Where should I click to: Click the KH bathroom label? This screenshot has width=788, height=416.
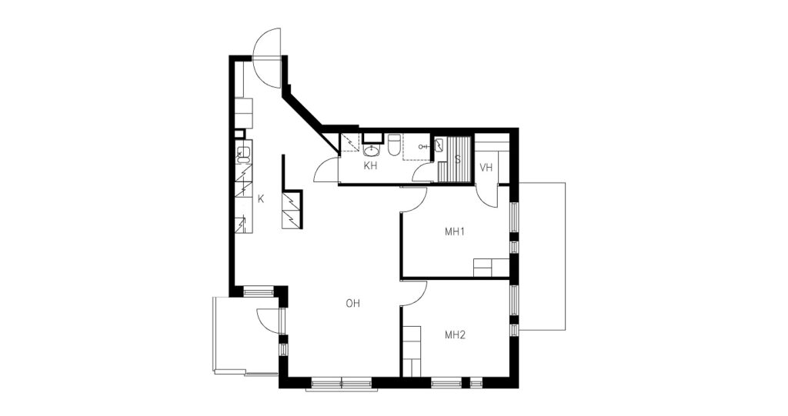pos(370,166)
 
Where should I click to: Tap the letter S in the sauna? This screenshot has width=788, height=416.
pos(457,160)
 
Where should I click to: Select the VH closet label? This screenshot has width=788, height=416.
pos(486,168)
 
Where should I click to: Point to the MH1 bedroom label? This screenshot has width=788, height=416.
pos(454,232)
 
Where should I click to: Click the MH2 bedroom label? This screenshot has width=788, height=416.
pos(455,335)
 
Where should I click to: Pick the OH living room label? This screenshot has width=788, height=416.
pos(352,304)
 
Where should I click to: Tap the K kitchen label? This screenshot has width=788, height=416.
pos(261,199)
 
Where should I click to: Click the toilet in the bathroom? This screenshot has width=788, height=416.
pos(393,145)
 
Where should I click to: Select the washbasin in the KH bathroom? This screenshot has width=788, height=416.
pos(372,150)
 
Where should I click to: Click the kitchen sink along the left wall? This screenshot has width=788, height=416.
pos(243,154)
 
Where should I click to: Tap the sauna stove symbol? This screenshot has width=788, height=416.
pos(439,145)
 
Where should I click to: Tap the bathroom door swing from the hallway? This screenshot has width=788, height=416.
pos(326,170)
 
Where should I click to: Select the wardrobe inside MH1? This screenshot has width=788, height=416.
pos(492,268)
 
